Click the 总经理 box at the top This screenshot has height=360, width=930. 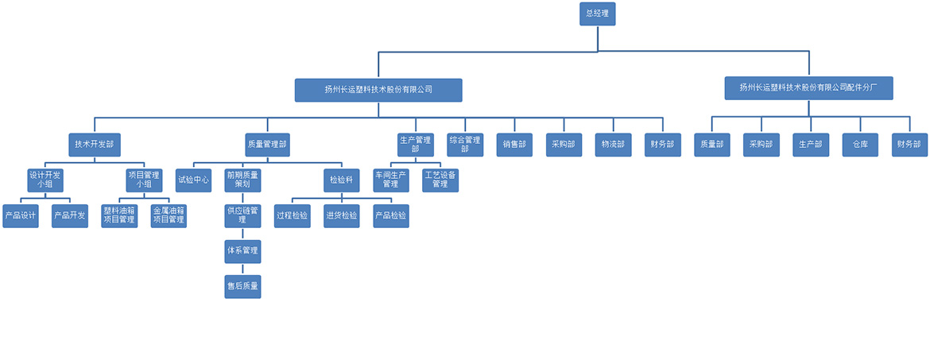(597, 14)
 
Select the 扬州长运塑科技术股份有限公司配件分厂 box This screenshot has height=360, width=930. (808, 88)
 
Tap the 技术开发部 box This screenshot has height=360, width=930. (95, 145)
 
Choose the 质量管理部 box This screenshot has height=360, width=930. (267, 145)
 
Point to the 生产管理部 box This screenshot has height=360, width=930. (415, 145)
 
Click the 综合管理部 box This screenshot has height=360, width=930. (465, 145)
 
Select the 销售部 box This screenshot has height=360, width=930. (514, 145)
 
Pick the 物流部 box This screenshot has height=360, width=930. (613, 145)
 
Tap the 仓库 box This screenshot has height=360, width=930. (860, 145)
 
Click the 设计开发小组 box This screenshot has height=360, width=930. (45, 180)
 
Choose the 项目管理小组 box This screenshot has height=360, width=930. (144, 180)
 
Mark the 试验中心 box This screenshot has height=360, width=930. (193, 180)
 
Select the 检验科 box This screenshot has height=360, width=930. (342, 180)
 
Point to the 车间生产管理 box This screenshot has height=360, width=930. (391, 180)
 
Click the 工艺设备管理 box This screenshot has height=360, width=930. (440, 180)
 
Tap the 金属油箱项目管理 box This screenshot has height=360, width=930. (169, 215)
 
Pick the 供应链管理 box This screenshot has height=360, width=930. (242, 215)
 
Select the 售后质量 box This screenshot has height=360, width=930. (242, 286)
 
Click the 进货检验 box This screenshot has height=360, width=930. (342, 215)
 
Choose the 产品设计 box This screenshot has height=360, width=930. (21, 215)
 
